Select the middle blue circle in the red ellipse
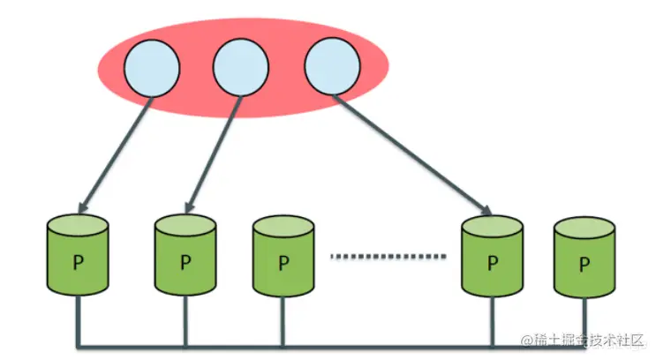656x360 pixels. tap(240, 68)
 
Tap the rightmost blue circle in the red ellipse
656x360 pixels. tap(332, 68)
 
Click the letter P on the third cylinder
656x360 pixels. tap(283, 263)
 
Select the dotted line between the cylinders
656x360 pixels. tap(388, 257)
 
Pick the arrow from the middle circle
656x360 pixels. tap(212, 154)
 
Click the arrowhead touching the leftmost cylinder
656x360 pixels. tap(82, 206)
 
